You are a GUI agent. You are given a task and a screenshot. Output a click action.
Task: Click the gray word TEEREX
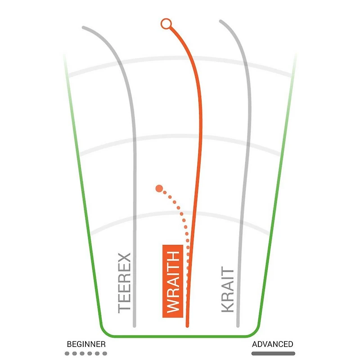point(124,283)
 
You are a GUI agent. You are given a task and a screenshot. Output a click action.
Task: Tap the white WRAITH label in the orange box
point(173,282)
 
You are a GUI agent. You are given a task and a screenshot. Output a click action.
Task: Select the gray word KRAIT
point(228,290)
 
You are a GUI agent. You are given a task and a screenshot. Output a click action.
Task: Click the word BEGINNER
point(86,344)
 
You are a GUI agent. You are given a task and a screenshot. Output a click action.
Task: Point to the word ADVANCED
point(272,344)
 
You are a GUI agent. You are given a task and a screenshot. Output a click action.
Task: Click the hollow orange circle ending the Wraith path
point(166,24)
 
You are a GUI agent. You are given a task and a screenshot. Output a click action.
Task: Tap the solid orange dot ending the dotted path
point(158,188)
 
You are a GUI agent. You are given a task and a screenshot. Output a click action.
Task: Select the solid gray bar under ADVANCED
point(272,354)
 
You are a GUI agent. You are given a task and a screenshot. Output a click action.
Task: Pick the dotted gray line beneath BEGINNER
point(86,354)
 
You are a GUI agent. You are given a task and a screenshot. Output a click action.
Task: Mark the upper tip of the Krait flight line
point(220,21)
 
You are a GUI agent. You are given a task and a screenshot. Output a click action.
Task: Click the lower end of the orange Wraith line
point(187,325)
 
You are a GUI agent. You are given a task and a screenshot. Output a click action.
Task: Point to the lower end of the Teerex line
point(134,325)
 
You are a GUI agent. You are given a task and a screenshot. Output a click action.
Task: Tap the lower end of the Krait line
point(237,325)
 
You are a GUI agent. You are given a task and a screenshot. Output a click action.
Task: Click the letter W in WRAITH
point(173,306)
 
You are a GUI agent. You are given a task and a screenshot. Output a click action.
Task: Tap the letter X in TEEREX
point(124,260)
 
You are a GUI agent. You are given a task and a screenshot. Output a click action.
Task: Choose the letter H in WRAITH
point(173,256)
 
